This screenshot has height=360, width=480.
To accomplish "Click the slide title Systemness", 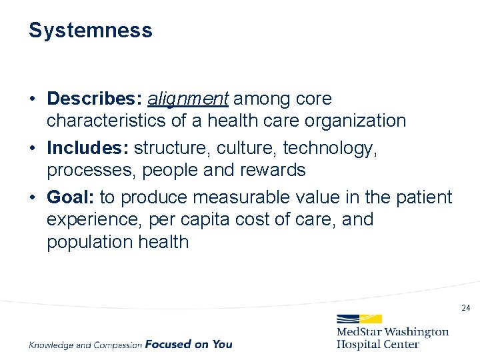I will point(90,31).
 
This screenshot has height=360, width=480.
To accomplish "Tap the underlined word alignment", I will point(188,99).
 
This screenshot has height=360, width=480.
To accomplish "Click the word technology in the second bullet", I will point(329,148).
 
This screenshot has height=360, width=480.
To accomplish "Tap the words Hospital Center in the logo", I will point(378,344).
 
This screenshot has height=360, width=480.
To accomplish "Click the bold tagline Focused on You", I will point(189,344).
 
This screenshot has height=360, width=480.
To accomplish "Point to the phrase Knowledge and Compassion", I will point(85,345).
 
